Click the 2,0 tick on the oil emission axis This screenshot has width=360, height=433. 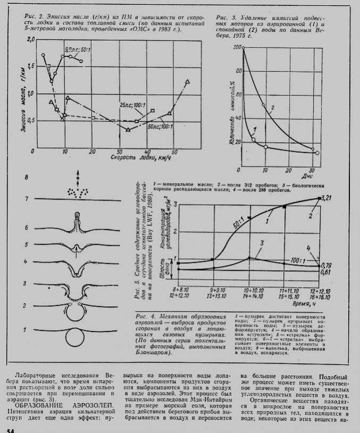coord(30,40)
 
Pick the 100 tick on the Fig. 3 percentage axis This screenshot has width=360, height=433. coord(238,48)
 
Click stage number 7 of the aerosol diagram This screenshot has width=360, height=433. coord(25,199)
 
